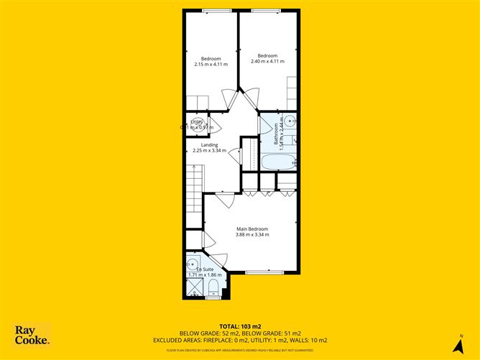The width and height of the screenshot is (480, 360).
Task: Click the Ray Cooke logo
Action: (32, 336)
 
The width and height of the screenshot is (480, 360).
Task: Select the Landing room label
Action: (210, 145)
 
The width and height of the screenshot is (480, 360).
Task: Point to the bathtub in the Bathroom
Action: (277, 161)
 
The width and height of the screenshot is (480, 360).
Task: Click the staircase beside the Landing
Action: (195, 184)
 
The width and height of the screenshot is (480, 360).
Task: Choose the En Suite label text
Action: (196, 269)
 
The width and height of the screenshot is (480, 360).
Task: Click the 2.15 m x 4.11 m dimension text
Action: (211, 64)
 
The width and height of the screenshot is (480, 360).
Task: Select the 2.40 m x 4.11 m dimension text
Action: (267, 61)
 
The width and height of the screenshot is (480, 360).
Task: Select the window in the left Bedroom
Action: (211, 10)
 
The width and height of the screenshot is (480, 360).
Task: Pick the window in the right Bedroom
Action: (266, 10)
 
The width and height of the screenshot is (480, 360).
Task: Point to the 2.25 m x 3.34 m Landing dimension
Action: (210, 151)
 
